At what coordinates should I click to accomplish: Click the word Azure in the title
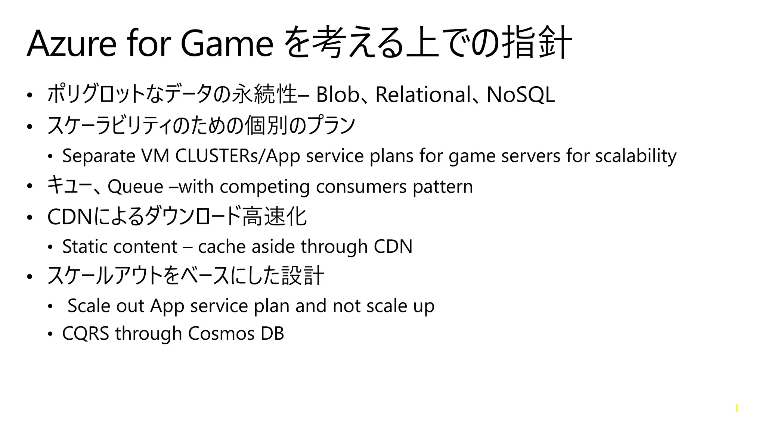(71, 44)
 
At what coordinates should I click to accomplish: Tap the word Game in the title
(227, 44)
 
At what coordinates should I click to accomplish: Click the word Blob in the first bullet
(337, 94)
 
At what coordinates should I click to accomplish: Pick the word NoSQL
(520, 94)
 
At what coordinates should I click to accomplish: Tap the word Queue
(135, 186)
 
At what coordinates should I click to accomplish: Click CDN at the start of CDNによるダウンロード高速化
(70, 217)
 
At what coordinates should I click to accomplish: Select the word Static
(84, 246)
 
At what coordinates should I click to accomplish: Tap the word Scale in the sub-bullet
(89, 306)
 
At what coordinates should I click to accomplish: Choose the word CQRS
(86, 333)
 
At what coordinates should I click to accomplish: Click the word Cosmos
(221, 333)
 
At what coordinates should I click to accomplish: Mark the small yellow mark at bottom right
(737, 408)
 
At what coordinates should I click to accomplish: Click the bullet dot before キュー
(30, 186)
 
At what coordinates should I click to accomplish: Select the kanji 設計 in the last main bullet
(303, 276)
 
